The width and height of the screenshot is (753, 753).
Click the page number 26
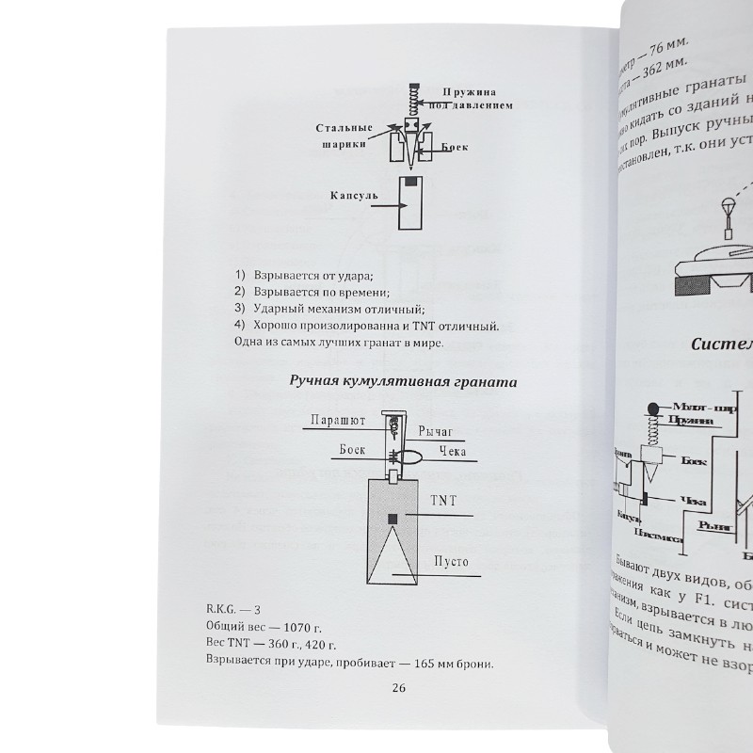(396, 688)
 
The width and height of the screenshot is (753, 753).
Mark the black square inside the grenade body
(393, 520)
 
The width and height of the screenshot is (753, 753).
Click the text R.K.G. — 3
(234, 607)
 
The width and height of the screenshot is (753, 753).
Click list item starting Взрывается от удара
(299, 275)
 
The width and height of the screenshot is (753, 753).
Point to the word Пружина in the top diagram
(467, 91)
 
